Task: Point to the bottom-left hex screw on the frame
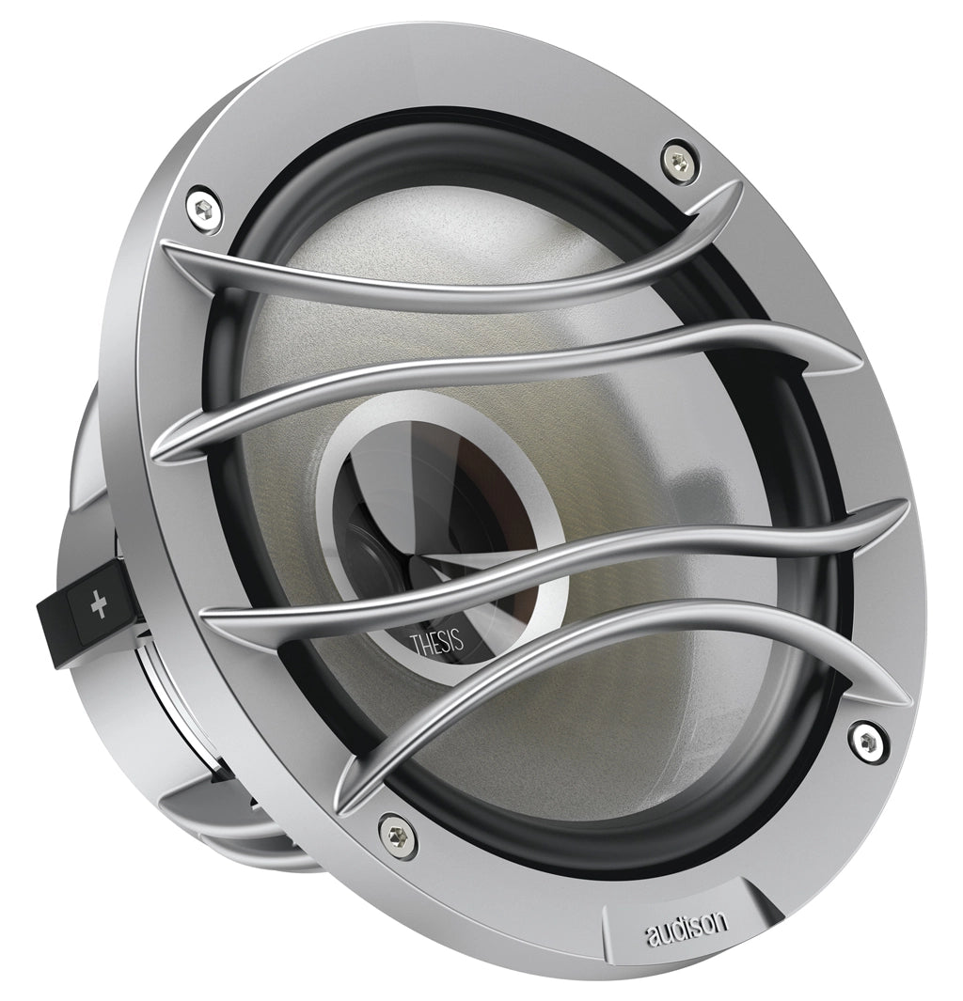tap(395, 833)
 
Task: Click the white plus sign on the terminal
tap(99, 605)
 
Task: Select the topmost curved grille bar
tap(447, 268)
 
